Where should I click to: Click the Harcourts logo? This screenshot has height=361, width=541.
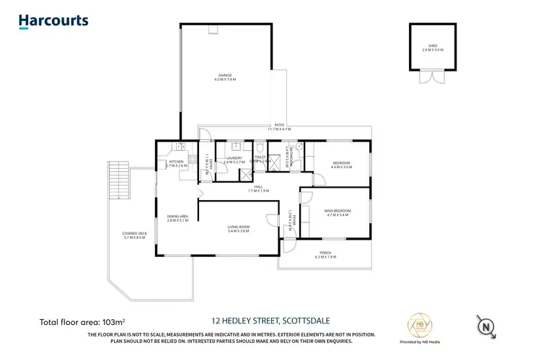point(53,21)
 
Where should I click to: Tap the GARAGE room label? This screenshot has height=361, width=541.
point(224,77)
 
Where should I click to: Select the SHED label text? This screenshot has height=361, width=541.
point(433,48)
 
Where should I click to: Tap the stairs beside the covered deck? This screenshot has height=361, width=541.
point(115,180)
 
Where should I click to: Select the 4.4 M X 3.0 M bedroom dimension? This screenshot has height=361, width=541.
point(341,167)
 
